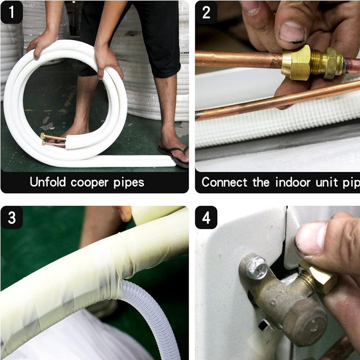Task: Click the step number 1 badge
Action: [12, 12]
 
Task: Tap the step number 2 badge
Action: [206, 12]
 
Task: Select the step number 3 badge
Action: [12, 218]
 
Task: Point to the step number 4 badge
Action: [206, 218]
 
